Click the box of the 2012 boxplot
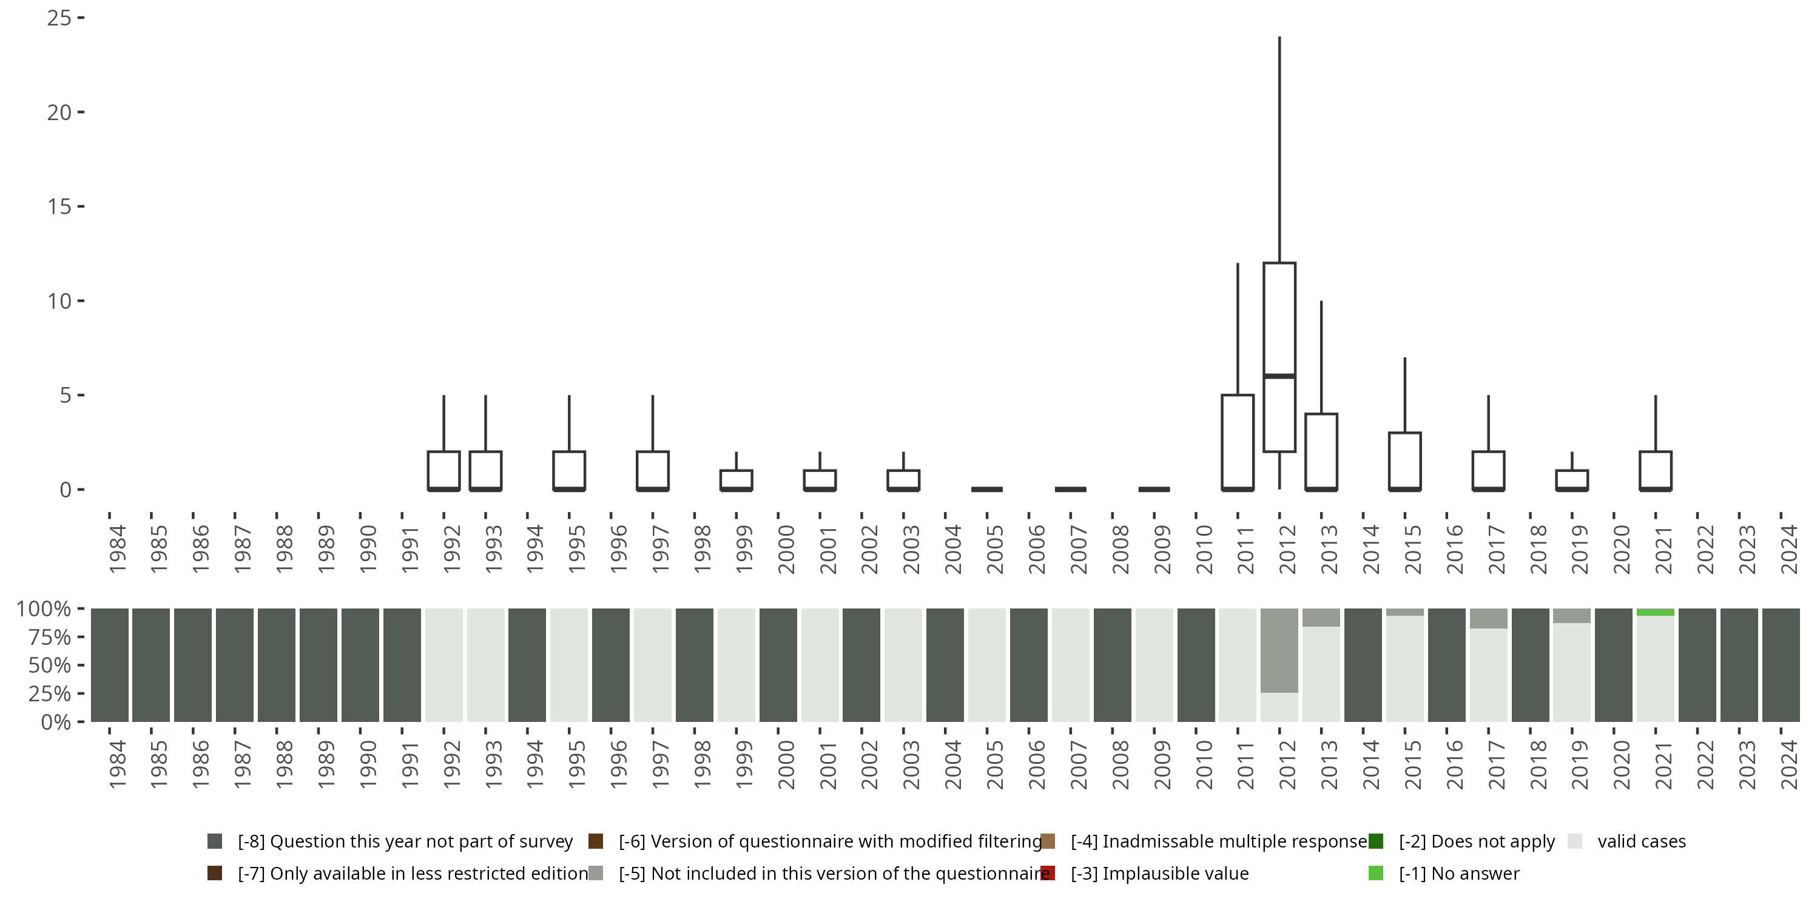point(1279,318)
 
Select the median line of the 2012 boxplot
point(1279,376)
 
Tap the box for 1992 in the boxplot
point(443,470)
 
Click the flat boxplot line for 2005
point(986,489)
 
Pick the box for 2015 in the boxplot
point(1404,460)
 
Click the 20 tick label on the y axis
point(59,112)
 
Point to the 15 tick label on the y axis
point(59,206)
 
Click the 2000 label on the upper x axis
point(786,550)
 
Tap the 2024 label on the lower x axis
point(1789,764)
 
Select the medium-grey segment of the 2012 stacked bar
point(1279,650)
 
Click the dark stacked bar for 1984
point(110,665)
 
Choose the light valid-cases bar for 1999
point(736,665)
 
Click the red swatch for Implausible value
point(1048,873)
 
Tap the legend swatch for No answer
point(1375,873)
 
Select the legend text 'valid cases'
point(1641,841)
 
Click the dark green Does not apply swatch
point(1375,841)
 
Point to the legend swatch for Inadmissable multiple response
point(1048,841)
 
